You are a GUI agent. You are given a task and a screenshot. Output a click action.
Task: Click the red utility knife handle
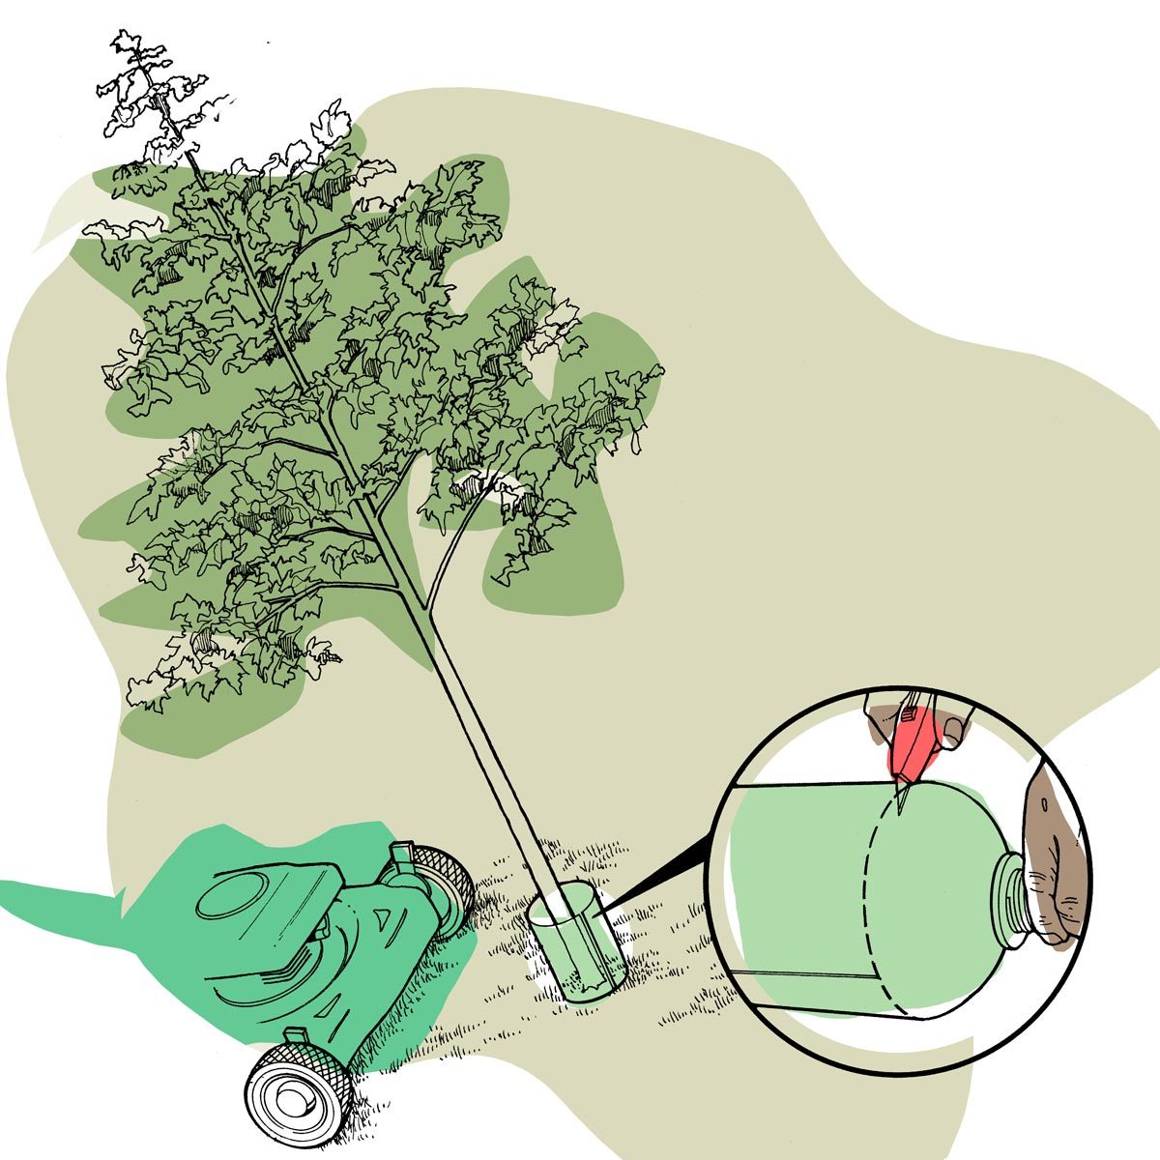coord(913,744)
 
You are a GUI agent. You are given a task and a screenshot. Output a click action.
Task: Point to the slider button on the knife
coord(910,715)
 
